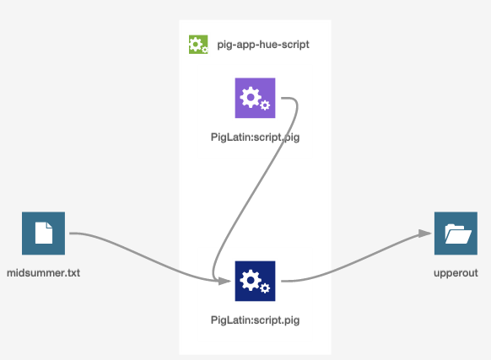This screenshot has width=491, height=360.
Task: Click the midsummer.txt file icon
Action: click(44, 234)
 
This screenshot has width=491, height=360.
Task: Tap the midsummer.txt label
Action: click(44, 273)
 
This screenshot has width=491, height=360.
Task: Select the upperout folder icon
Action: click(456, 234)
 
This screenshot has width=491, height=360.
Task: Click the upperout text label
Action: click(456, 273)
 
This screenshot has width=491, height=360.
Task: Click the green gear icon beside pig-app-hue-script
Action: click(198, 45)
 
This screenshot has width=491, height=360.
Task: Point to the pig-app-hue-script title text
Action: click(263, 45)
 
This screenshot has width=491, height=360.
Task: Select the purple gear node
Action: click(256, 98)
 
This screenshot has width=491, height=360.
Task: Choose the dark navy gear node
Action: click(256, 281)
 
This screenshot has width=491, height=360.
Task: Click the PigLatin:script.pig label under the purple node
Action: click(256, 137)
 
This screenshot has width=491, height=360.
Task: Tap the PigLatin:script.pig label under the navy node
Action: click(256, 320)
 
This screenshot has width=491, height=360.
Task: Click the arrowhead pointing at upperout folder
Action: click(425, 234)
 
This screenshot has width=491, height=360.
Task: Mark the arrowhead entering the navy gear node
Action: click(224, 281)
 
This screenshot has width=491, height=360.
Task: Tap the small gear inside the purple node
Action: click(265, 105)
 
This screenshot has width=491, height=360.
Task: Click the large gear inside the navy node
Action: click(251, 280)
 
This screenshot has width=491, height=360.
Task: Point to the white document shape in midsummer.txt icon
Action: click(44, 233)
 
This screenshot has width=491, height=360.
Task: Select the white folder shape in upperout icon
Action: click(458, 234)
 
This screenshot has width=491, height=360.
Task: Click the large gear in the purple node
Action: click(251, 97)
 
